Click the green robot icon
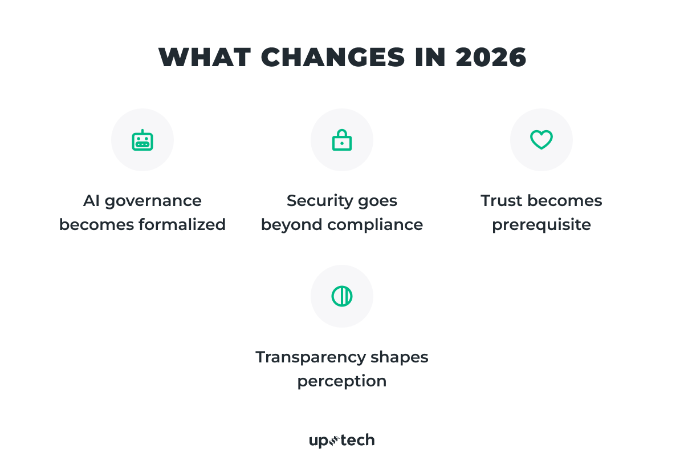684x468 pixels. click(142, 140)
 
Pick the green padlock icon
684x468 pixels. click(342, 140)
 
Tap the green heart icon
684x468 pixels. click(541, 140)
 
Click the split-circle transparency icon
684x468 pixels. click(342, 296)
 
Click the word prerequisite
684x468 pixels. click(541, 225)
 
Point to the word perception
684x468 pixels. click(342, 381)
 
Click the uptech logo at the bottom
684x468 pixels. click(342, 441)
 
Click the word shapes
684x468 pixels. click(400, 358)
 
